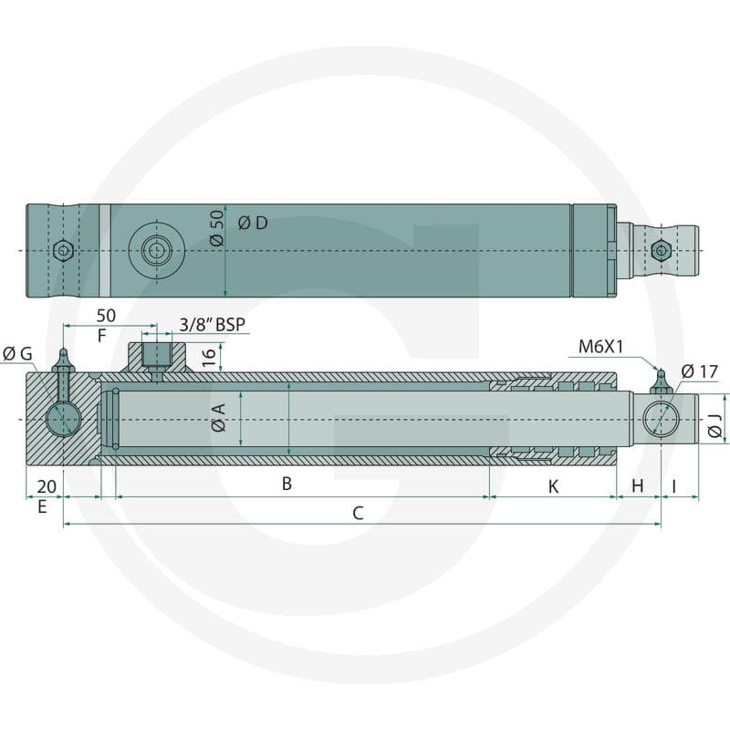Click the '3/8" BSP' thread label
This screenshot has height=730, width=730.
coord(213,324)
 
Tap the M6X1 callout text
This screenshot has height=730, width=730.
coord(600,347)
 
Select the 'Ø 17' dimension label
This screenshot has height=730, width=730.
coord(700,371)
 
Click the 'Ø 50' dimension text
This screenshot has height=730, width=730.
coord(216,227)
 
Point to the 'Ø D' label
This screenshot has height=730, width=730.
coord(253,223)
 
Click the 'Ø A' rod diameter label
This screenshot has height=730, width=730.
coord(218,417)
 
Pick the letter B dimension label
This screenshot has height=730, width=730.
coord(287,484)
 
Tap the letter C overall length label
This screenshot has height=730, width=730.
coord(358,513)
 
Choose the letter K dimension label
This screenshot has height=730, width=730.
coord(553,486)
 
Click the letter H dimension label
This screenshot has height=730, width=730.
coord(638,486)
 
